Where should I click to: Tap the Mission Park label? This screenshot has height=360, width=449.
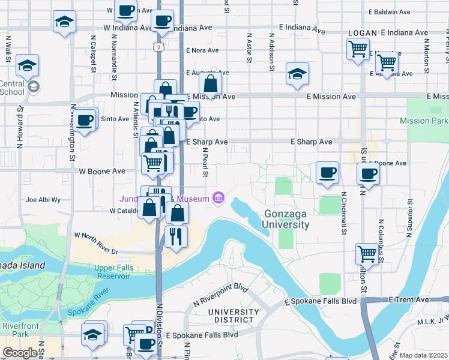(424, 121)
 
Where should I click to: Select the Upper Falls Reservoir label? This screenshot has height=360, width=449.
(112, 272)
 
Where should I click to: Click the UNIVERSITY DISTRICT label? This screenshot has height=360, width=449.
(234, 317)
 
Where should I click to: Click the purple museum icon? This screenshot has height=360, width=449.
(218, 198)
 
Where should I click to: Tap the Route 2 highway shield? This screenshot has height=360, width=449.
(158, 46)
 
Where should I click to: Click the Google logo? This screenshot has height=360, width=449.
(20, 352)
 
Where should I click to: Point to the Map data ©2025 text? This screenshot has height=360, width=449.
(423, 355)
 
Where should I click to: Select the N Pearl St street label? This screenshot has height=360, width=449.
(205, 163)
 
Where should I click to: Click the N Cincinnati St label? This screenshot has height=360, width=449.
(344, 212)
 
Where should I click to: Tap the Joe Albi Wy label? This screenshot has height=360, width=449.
(43, 200)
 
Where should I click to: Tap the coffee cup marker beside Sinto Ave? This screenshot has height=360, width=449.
(85, 119)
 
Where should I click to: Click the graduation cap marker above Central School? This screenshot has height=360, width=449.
(27, 65)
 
